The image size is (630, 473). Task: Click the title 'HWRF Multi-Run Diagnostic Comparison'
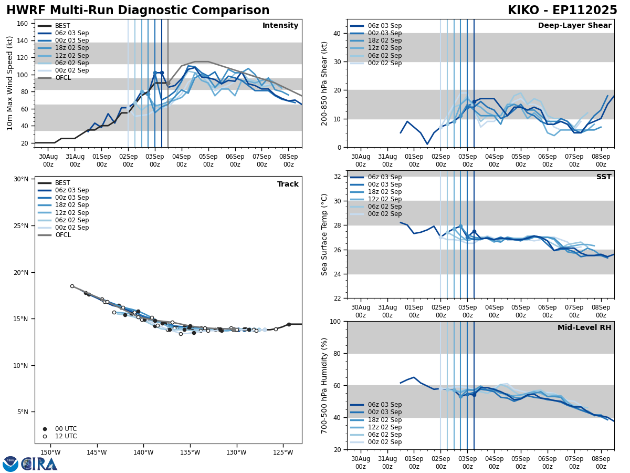click(138, 11)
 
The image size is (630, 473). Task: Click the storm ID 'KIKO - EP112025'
click(562, 11)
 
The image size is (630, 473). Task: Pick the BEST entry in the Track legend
click(62, 183)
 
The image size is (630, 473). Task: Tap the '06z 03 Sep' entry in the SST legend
click(384, 177)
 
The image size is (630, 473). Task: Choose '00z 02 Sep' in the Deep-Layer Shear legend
click(384, 63)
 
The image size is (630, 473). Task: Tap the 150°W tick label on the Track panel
click(50, 453)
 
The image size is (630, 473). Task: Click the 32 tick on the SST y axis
click(338, 177)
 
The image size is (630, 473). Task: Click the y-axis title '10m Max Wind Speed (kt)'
click(10, 83)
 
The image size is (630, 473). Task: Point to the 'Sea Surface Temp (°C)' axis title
click(324, 234)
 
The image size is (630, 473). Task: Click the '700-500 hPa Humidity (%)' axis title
click(324, 385)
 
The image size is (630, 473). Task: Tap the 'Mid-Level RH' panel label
click(584, 328)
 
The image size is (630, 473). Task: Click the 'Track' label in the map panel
click(288, 184)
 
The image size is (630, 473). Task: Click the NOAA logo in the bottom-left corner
click(10, 464)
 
